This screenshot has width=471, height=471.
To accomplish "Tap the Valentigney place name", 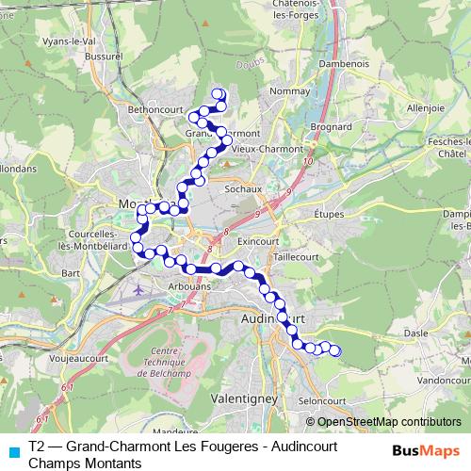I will [x=245, y=398].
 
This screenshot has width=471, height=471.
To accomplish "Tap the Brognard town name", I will [x=332, y=125].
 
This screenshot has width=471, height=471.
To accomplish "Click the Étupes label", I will [x=329, y=215].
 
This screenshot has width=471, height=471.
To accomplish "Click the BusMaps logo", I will [x=426, y=450].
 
